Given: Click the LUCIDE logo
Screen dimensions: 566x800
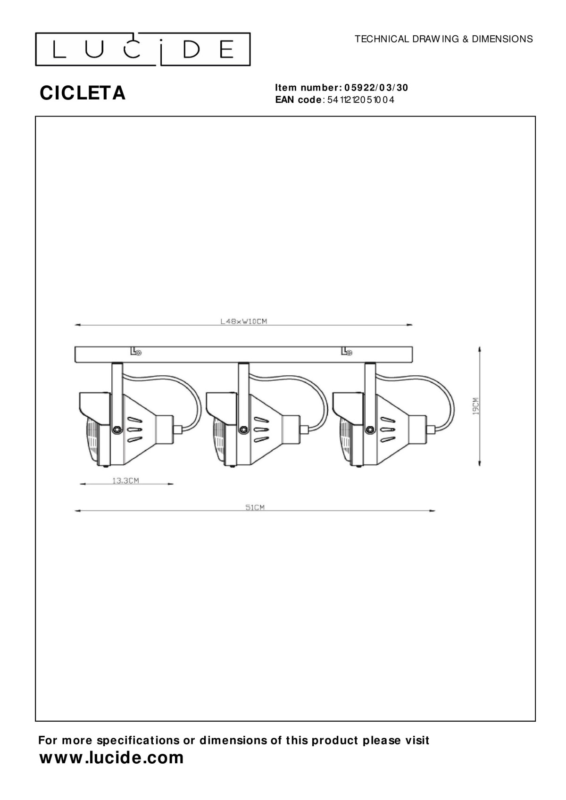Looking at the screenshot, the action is [142, 49].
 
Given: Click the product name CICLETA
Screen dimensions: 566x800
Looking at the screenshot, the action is [83, 93].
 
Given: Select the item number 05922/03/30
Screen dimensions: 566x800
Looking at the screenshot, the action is [376, 88].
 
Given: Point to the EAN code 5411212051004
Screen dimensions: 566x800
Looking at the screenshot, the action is [361, 99].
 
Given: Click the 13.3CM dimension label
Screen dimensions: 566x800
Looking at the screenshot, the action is [126, 480].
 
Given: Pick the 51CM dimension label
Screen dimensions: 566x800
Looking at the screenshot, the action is [255, 507].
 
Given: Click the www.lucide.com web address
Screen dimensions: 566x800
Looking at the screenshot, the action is [111, 758].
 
